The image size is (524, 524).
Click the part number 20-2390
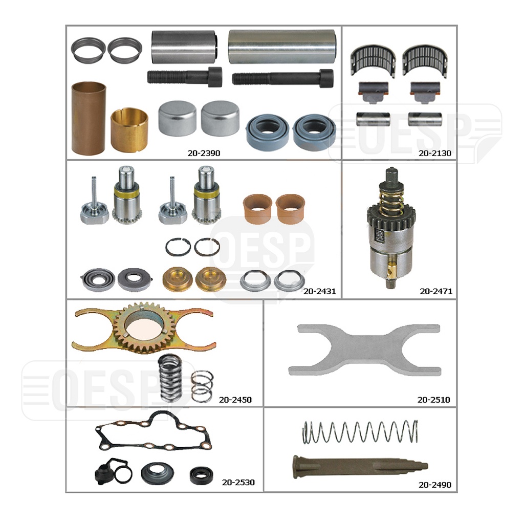[204, 152]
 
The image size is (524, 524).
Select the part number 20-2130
[434, 152]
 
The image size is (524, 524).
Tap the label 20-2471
[435, 291]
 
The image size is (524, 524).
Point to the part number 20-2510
[433, 400]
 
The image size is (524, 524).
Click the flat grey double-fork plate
[365, 350]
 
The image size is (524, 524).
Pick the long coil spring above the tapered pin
[360, 431]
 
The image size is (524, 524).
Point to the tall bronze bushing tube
[89, 118]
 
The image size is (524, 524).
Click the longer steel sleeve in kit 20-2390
[281, 47]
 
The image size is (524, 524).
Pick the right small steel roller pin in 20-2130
[425, 119]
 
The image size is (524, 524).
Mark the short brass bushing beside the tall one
[129, 129]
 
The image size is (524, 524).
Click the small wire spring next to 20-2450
[202, 387]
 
